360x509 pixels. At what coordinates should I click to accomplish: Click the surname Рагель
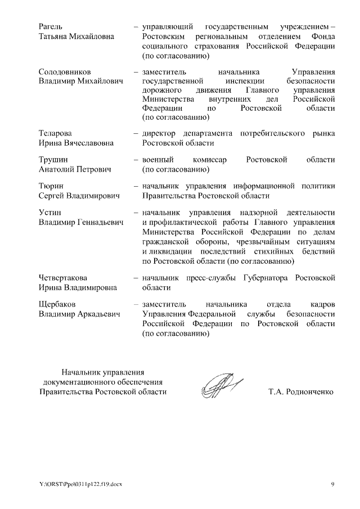51,26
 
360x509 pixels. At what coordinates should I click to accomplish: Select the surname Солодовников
65,72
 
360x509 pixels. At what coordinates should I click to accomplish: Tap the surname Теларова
55,133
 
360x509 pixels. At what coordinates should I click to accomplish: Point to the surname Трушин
53,159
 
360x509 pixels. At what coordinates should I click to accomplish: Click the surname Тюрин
51,186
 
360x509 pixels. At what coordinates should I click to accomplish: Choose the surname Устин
50,213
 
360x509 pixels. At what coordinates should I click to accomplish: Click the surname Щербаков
57,304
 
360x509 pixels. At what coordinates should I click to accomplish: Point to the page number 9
332,484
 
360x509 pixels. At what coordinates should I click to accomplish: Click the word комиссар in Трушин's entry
211,159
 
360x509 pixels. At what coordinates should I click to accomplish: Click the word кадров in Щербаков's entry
322,304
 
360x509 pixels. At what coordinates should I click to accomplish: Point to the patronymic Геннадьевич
97,223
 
